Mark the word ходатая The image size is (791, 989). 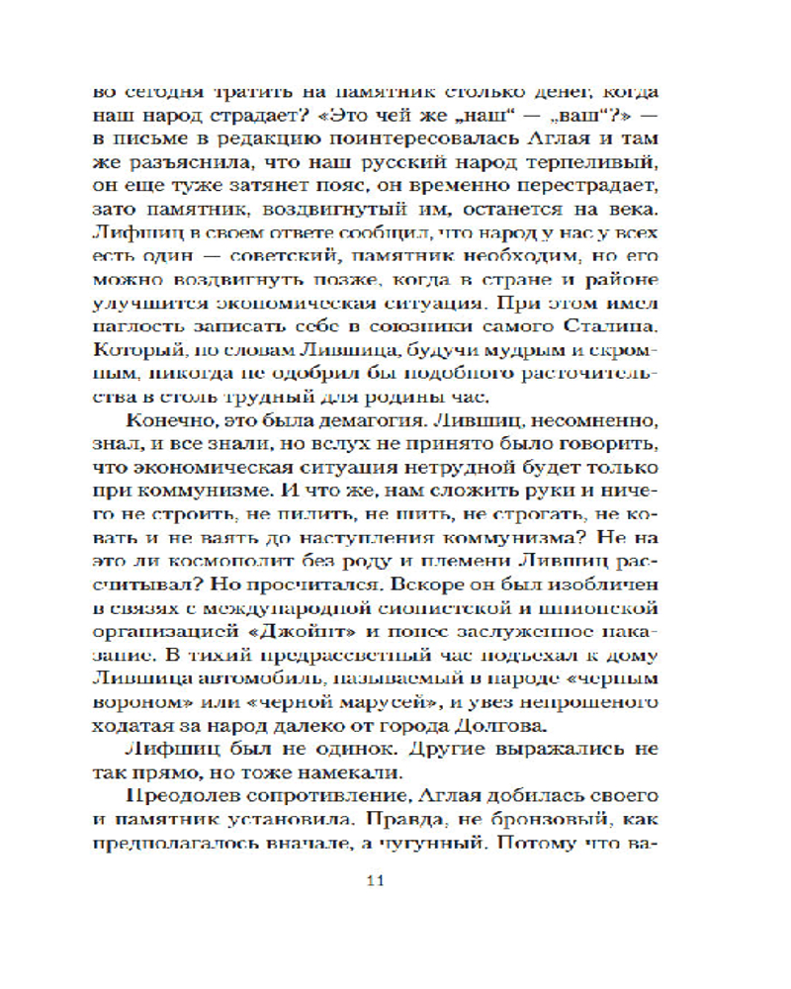click(134, 727)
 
